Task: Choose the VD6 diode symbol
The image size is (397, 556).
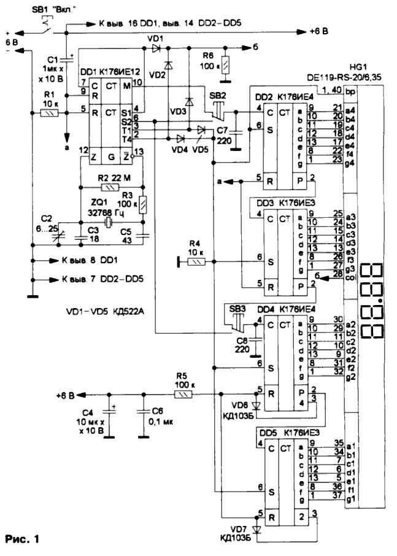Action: [256, 404]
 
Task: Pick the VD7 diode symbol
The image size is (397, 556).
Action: [256, 528]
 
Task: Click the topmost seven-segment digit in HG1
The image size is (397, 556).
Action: [370, 272]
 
